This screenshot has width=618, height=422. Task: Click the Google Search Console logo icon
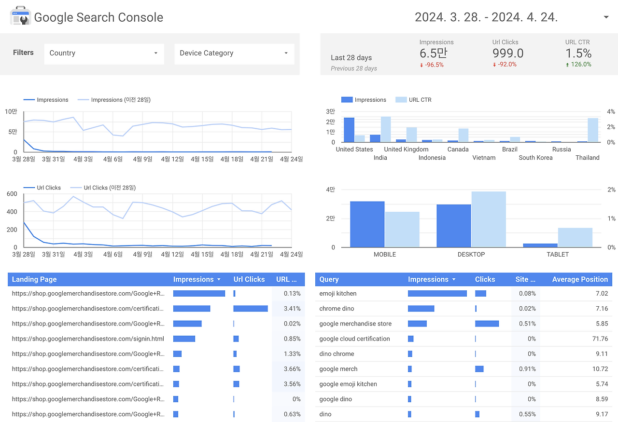(x=20, y=17)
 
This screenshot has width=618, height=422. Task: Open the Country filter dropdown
(x=104, y=53)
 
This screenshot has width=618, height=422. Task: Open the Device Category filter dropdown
(x=234, y=53)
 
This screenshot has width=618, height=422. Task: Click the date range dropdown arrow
(x=606, y=18)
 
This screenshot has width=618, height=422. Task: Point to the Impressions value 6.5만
(x=433, y=53)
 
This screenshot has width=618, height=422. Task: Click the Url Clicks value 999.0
(x=508, y=53)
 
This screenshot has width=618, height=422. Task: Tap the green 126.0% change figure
(x=581, y=65)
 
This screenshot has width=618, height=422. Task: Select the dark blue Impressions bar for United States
(x=349, y=130)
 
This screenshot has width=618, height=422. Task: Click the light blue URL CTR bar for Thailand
(x=593, y=130)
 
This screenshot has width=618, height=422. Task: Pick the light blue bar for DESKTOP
(x=489, y=219)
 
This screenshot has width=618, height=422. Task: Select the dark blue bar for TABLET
(x=540, y=245)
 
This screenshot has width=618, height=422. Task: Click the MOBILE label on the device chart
(x=385, y=254)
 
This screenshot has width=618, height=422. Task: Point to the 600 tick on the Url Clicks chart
(x=12, y=194)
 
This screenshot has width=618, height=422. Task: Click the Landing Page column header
(x=34, y=279)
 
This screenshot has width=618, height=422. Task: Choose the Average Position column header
(x=580, y=279)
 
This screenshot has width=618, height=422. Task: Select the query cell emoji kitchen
(x=338, y=293)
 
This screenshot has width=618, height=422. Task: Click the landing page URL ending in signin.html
(x=88, y=339)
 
